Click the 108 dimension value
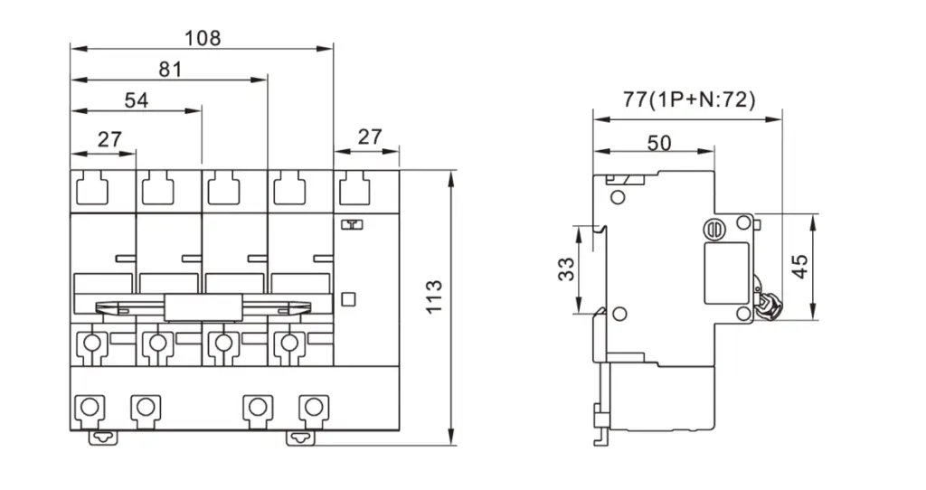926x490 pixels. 203,38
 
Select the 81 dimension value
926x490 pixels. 170,70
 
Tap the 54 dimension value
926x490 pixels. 136,100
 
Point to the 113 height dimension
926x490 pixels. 434,297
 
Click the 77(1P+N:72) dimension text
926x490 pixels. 689,99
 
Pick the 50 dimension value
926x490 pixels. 659,142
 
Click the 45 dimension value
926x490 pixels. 799,267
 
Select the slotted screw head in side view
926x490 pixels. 715,228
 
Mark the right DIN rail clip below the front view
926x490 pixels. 300,438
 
